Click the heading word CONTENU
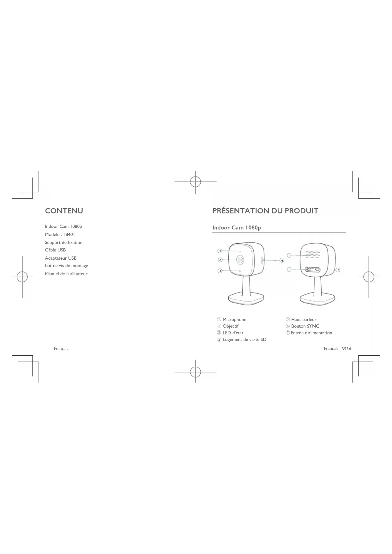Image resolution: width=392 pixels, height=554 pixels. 64,211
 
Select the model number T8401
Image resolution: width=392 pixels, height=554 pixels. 69,234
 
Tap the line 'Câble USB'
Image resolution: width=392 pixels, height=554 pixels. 55,250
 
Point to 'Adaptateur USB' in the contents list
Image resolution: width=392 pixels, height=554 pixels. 61,258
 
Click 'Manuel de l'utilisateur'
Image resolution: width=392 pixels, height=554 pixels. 66,274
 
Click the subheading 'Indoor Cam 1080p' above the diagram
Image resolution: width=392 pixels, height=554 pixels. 237,227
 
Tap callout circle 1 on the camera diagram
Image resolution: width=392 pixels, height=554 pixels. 220,251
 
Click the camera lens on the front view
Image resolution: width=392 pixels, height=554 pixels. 240,260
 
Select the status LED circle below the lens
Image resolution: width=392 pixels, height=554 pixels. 240,271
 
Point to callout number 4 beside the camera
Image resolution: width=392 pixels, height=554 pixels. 282,260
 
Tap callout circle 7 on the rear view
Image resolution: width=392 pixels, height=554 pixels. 338,270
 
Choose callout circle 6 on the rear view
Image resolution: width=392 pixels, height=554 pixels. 289,270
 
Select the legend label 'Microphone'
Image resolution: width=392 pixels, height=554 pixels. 234,319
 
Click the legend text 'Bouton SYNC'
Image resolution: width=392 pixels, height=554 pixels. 305,326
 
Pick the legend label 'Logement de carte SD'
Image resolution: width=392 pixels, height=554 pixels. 244,339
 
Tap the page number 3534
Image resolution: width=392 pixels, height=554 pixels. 346,349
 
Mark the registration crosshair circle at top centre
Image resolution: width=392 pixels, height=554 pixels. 196,182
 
